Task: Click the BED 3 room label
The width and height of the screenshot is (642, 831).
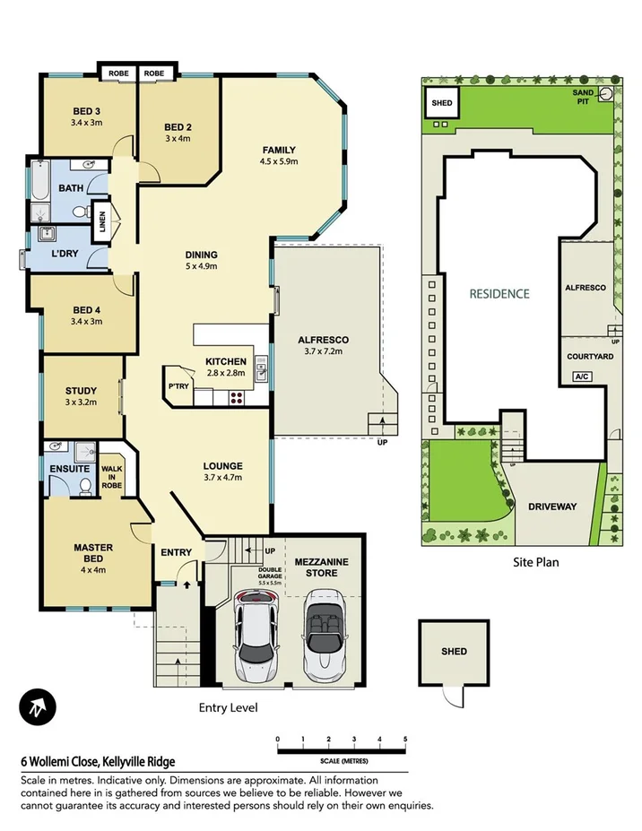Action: coord(86,112)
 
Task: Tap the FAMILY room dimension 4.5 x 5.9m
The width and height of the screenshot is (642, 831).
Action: coord(278,162)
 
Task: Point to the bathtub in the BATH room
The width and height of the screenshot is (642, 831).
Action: coord(39,179)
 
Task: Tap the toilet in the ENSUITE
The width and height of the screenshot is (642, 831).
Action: coord(85,486)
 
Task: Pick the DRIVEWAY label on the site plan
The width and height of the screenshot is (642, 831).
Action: coord(552,506)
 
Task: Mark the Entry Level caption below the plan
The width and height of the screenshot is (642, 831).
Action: coord(228,707)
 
